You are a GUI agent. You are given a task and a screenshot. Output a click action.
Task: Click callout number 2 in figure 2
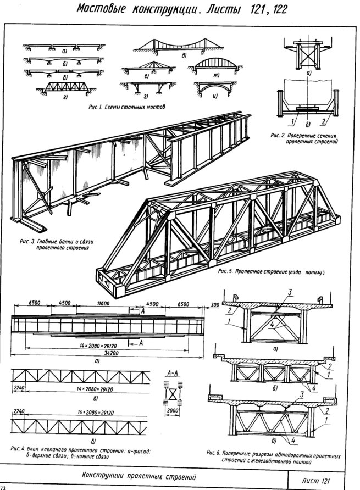324,121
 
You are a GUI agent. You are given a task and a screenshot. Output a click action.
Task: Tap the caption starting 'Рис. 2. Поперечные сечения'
311,138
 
